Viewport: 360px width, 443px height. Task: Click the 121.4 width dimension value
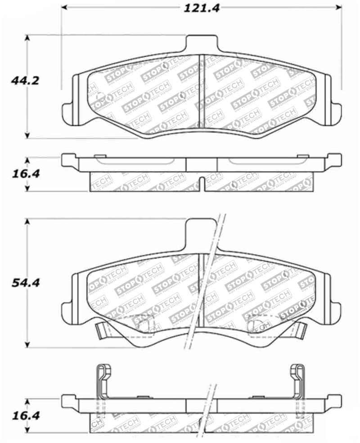(201, 8)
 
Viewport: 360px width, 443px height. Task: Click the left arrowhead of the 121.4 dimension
(64, 8)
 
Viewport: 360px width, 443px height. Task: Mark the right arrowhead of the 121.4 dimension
(338, 8)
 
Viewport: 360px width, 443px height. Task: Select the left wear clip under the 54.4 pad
(103, 332)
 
